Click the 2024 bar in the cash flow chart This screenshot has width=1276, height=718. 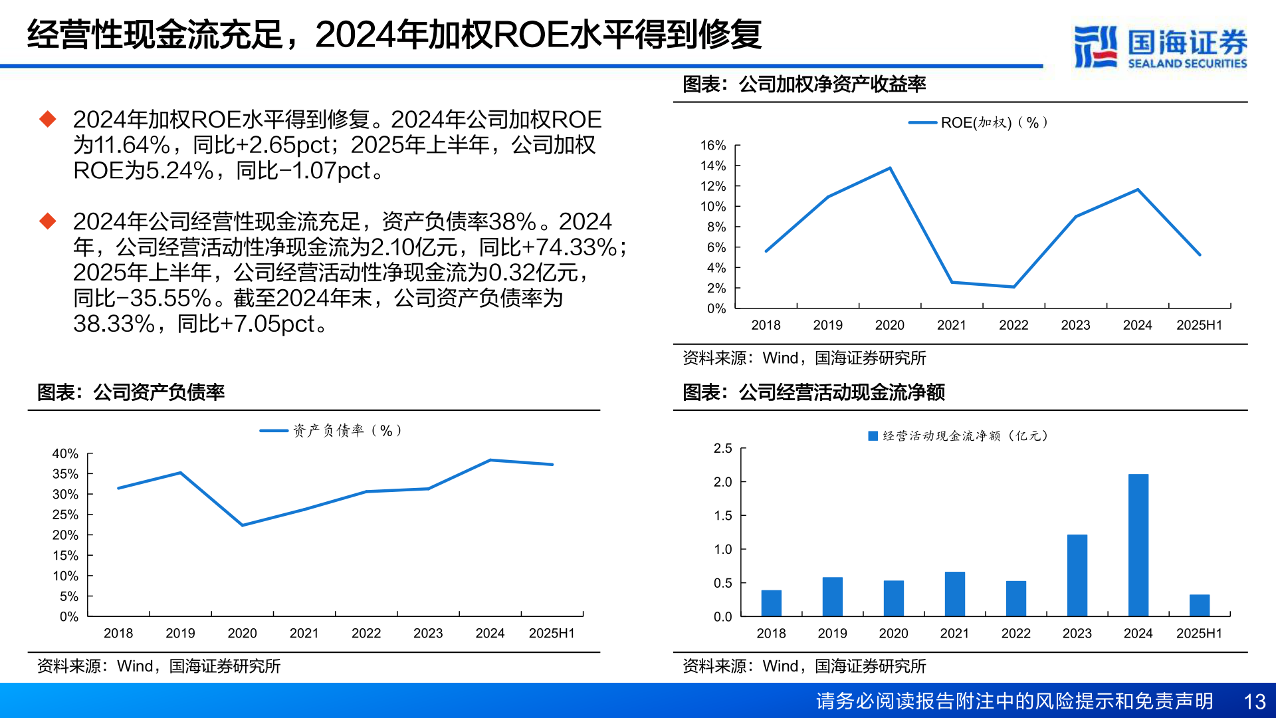(x=1138, y=545)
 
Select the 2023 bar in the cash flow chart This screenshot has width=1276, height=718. (x=1077, y=575)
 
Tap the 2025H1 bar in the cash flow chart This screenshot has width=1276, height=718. (x=1199, y=605)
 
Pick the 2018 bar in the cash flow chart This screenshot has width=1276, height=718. (x=771, y=603)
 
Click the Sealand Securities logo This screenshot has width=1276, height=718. (x=1160, y=47)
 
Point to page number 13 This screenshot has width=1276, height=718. (x=1254, y=701)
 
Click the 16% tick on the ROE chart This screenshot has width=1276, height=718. (x=713, y=146)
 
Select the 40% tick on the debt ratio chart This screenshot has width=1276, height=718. (x=65, y=454)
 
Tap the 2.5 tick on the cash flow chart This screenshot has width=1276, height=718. (x=722, y=449)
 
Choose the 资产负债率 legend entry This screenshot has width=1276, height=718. (x=330, y=431)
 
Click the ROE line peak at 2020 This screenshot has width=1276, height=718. (x=890, y=168)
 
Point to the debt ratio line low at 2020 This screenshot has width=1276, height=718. (x=243, y=525)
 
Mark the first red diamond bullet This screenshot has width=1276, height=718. (x=48, y=120)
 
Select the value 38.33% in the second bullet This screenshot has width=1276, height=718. (x=114, y=324)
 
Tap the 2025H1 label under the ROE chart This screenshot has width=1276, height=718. (x=1199, y=325)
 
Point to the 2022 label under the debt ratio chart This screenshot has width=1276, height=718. (x=366, y=634)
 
